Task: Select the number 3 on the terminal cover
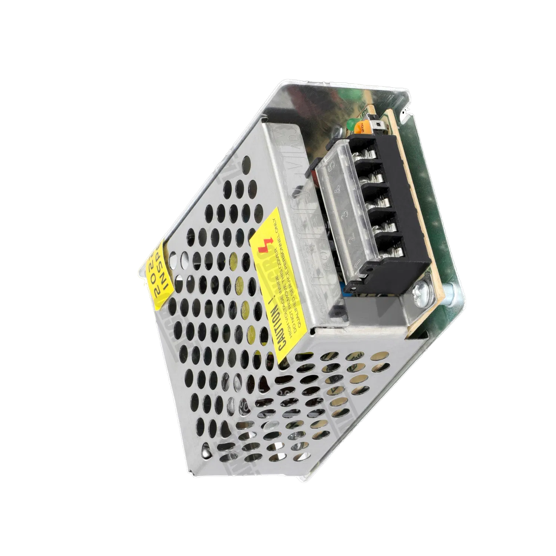click(x=344, y=215)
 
